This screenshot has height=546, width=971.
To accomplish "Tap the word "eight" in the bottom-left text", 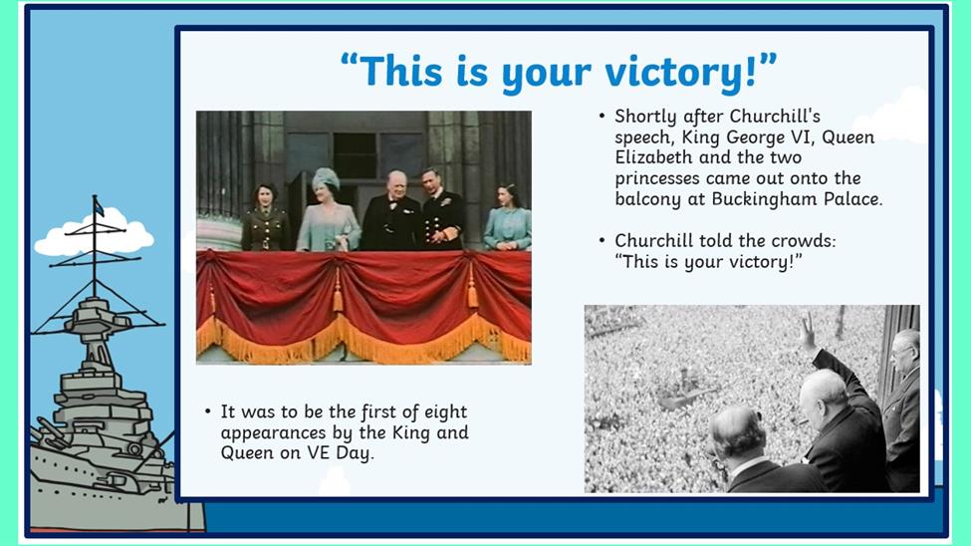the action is click(x=446, y=412).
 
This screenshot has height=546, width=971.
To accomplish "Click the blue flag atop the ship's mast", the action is click(x=99, y=207).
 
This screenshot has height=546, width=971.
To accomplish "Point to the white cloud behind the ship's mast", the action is click(x=94, y=234).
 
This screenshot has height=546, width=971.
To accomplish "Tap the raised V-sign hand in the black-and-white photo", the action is click(x=807, y=332).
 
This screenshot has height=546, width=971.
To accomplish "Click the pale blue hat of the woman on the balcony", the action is click(x=326, y=179).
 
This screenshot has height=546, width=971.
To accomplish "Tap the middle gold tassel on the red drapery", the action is click(x=339, y=291).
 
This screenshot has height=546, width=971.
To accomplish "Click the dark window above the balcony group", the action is click(x=355, y=156).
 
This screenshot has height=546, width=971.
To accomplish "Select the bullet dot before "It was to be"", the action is click(x=208, y=412).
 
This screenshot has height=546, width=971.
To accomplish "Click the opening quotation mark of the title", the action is click(x=350, y=62).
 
